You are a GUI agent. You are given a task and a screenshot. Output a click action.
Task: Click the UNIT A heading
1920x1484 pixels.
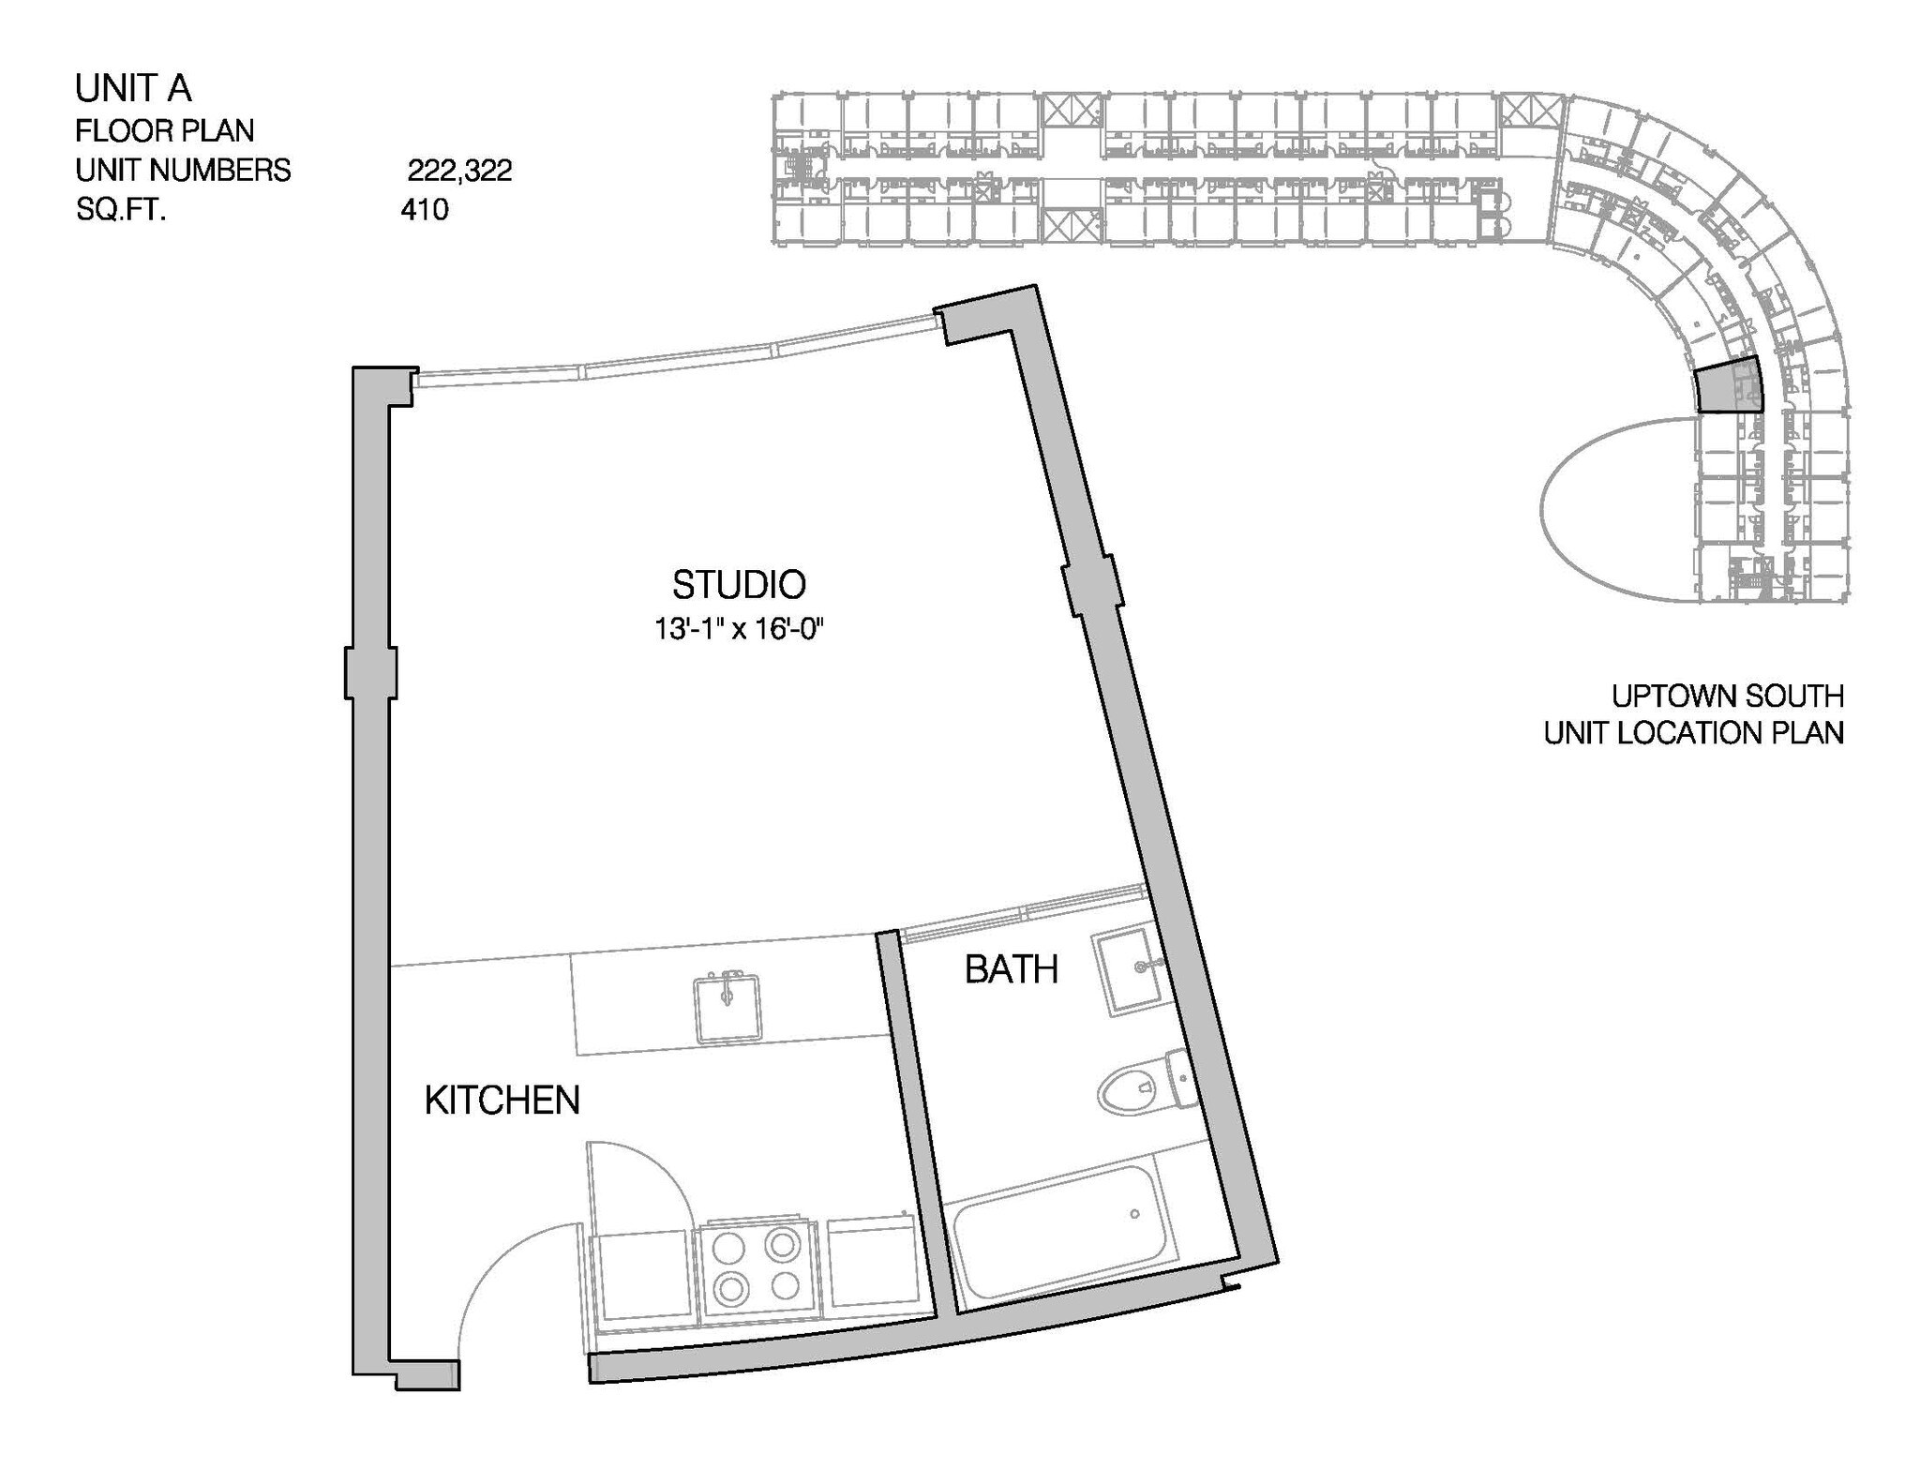click(x=133, y=89)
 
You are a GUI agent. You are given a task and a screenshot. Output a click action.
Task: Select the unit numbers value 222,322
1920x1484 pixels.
click(x=459, y=171)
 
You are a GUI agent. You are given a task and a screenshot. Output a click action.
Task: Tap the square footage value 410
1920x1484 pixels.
click(x=425, y=209)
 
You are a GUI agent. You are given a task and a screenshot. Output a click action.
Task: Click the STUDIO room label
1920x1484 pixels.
click(x=739, y=585)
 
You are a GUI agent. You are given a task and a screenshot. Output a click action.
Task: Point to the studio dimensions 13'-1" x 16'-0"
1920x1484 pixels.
click(x=739, y=629)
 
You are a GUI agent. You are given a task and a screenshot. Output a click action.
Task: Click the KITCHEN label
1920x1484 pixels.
click(x=502, y=1101)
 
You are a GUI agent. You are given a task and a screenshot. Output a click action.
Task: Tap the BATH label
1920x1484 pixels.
click(x=1011, y=969)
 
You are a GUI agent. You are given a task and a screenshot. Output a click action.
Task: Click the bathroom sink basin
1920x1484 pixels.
click(x=1132, y=971)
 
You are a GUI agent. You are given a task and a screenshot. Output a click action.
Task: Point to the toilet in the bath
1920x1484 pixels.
click(x=1144, y=1087)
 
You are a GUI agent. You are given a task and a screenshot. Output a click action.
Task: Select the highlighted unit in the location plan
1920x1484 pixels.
click(x=1728, y=385)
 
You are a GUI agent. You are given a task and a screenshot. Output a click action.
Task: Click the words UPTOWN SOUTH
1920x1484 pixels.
click(x=1727, y=696)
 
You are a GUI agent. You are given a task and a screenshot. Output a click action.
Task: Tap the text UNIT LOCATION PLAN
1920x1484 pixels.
click(x=1693, y=732)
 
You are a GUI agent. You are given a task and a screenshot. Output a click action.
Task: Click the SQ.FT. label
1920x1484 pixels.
click(x=121, y=209)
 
